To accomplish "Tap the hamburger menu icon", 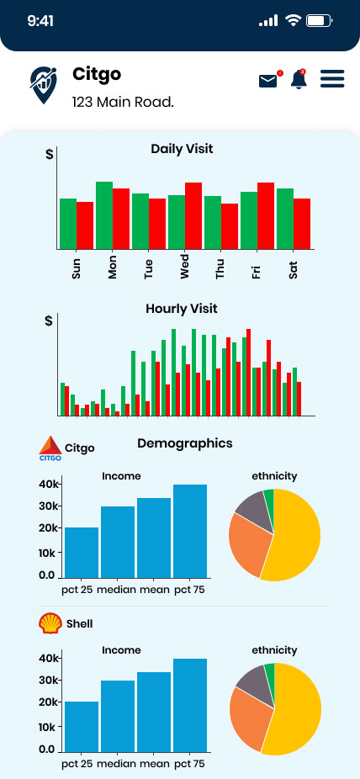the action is (x=332, y=79).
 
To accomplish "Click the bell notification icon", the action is (x=299, y=79).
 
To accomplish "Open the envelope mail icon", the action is (x=268, y=81).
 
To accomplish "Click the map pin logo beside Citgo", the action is (x=43, y=84).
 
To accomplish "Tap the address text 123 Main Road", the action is (x=123, y=103).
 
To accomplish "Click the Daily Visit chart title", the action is (x=182, y=149).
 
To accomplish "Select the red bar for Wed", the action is (x=193, y=215).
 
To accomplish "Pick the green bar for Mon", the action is (x=104, y=215).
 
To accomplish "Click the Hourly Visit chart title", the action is (x=181, y=309).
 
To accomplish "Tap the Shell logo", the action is (x=50, y=623).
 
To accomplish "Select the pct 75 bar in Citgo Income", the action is (x=190, y=531).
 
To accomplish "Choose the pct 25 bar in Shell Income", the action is (x=82, y=726).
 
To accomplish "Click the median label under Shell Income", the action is (x=115, y=764).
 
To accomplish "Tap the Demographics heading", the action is (x=185, y=443).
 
